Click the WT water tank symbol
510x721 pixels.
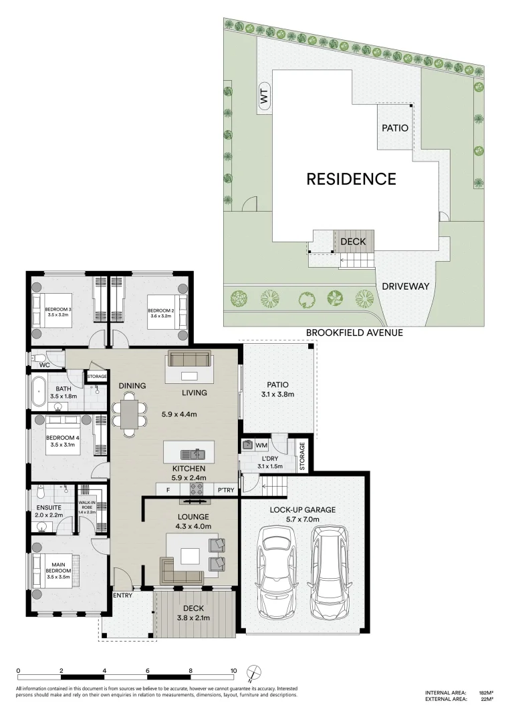coord(264,97)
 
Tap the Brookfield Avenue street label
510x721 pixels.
coord(354,332)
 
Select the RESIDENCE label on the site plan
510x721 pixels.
coord(351,179)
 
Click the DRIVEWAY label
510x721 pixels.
coord(406,286)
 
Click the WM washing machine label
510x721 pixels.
coord(261,445)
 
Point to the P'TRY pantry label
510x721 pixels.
coord(226,490)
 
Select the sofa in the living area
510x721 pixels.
coord(189,358)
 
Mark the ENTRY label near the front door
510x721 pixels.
coord(122,595)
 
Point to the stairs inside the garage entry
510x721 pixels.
coord(275,485)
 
